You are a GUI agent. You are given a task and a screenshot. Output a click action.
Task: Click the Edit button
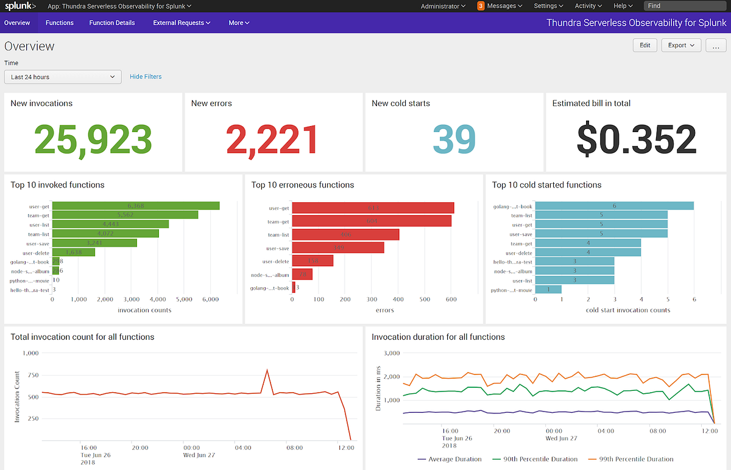[644, 45]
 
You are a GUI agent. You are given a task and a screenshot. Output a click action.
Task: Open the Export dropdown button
[681, 45]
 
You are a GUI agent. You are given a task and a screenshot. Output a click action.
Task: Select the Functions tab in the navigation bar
[60, 23]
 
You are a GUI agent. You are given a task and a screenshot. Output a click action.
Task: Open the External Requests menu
[182, 23]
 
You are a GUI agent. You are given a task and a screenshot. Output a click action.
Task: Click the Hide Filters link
[146, 77]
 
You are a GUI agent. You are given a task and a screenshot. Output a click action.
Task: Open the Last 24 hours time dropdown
[63, 77]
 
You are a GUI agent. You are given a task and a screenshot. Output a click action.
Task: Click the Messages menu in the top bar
[500, 6]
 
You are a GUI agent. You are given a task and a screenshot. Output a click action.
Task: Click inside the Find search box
[685, 6]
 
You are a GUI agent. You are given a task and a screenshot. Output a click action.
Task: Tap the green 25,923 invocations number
[93, 139]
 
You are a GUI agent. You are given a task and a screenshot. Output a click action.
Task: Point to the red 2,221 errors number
[272, 139]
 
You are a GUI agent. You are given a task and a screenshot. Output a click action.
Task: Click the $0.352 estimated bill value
[636, 139]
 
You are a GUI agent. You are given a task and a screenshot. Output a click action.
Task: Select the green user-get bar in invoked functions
[136, 206]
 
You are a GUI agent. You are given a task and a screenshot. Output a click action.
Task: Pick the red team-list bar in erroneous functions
[345, 234]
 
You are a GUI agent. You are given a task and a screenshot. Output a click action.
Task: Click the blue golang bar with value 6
[614, 206]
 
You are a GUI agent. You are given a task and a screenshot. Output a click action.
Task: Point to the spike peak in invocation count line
[266, 370]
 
